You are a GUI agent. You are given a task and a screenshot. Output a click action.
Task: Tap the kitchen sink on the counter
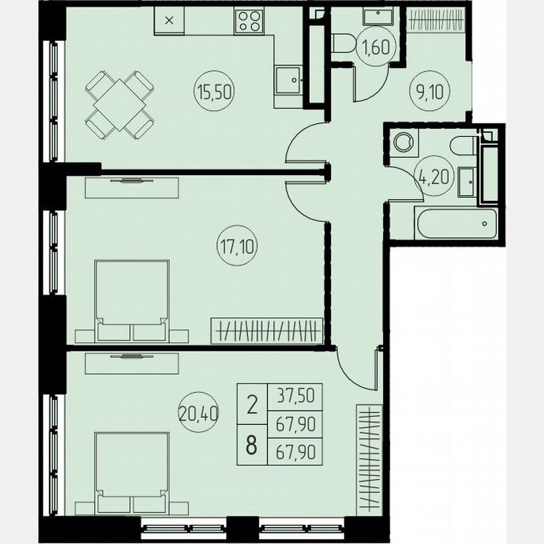point(289,80)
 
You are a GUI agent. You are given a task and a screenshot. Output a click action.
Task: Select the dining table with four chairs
point(120,104)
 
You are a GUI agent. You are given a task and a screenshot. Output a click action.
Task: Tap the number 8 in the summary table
point(251,445)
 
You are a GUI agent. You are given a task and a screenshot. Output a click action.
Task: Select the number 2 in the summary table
point(251,405)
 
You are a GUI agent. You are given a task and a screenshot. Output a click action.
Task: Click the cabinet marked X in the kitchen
point(168,20)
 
